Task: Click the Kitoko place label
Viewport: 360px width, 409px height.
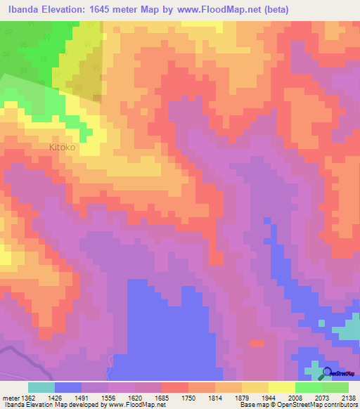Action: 62,148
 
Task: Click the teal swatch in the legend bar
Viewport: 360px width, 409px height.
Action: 41,387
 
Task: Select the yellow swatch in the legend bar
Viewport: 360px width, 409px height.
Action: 282,387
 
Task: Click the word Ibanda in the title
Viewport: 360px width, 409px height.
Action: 25,8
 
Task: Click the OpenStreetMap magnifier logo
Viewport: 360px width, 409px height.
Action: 327,373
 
